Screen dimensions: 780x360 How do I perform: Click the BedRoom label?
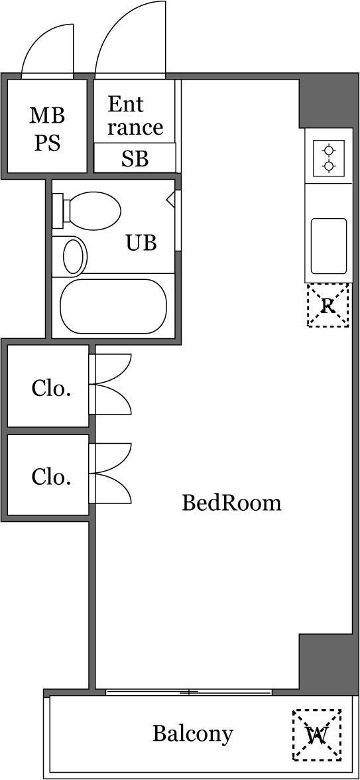231,503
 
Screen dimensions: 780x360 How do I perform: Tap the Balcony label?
192,734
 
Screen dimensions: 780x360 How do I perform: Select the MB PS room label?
47,129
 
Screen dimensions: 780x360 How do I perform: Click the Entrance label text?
135,115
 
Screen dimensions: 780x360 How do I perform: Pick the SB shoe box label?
135,159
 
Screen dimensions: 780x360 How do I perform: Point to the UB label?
141,243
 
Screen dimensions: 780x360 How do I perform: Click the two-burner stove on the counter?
328,158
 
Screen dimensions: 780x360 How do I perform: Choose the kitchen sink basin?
328,246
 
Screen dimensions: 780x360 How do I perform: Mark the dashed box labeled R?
328,305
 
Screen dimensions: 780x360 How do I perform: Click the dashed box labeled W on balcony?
317,734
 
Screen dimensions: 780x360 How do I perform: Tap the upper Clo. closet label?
51,389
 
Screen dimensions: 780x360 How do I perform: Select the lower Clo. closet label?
51,476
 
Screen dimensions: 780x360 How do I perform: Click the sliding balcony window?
189,692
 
